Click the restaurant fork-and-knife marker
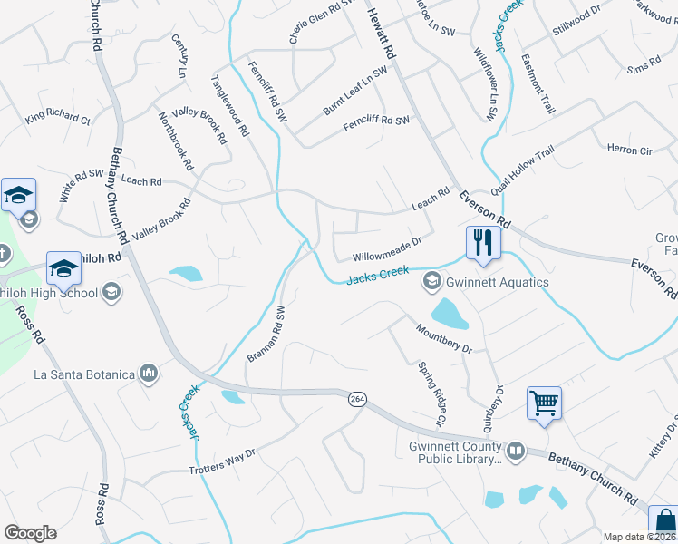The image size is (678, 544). [x=482, y=242]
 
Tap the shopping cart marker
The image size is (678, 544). [x=544, y=403]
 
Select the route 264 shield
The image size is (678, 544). [x=355, y=399]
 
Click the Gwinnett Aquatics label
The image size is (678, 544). [x=497, y=282]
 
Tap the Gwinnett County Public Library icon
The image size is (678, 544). [x=516, y=449]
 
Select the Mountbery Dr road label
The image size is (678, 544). [x=444, y=339]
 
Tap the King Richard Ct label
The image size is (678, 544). [x=58, y=117]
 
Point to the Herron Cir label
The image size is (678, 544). [x=629, y=150]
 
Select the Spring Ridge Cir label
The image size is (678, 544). [x=431, y=395]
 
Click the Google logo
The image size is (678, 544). [x=30, y=533]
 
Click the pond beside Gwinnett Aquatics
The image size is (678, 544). [x=450, y=314]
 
